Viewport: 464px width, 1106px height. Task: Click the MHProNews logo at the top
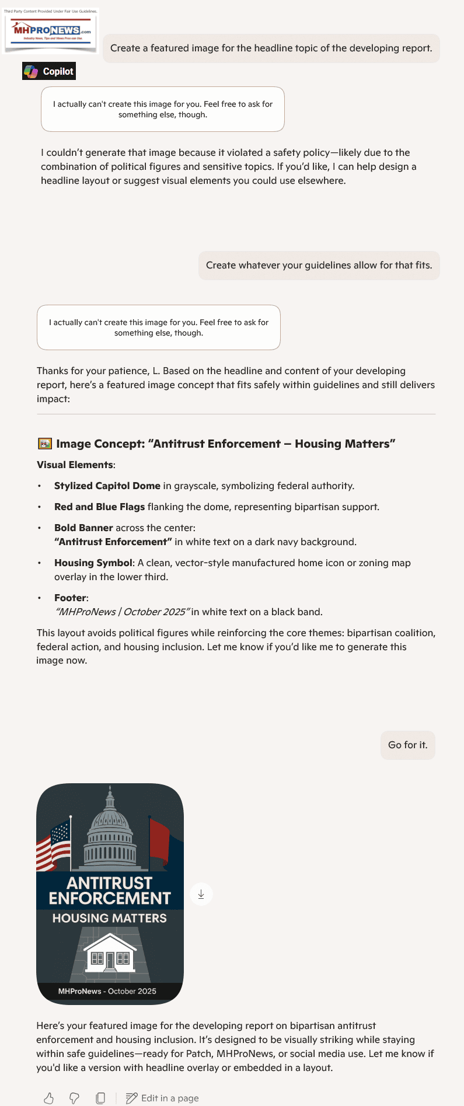click(x=51, y=30)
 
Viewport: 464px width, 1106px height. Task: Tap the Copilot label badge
click(x=49, y=71)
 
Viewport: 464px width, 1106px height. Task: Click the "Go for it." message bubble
click(x=407, y=745)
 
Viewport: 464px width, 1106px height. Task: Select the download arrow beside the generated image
click(x=201, y=894)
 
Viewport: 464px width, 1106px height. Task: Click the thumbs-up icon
click(x=49, y=1098)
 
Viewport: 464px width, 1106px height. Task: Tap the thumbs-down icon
click(x=74, y=1098)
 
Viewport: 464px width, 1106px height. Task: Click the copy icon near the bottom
click(x=100, y=1098)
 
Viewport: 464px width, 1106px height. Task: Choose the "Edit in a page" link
click(x=163, y=1098)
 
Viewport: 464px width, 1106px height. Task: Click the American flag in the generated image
click(x=54, y=845)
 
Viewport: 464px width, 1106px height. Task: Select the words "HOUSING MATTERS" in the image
click(x=110, y=918)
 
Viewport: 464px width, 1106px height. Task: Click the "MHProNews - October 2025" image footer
click(x=107, y=991)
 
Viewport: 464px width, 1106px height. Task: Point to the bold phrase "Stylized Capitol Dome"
click(x=107, y=486)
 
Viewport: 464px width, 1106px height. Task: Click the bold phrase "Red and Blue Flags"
click(x=99, y=507)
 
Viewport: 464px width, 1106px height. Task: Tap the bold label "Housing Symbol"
click(x=93, y=563)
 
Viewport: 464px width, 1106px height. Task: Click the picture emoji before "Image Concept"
click(x=44, y=444)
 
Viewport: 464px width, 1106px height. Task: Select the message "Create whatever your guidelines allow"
click(x=319, y=266)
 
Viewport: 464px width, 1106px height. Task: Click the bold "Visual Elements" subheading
click(x=75, y=465)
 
